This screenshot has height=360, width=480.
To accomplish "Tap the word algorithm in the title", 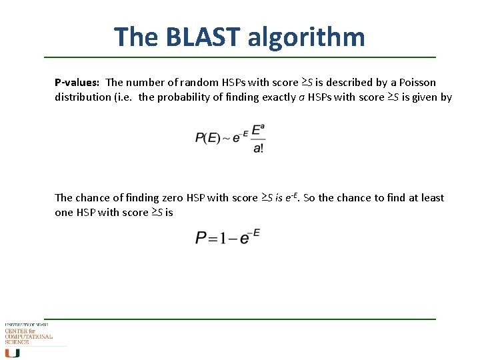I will pyautogui.click(x=307, y=37).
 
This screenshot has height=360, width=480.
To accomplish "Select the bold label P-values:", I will pyautogui.click(x=77, y=83).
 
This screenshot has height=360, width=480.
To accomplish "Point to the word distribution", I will pyautogui.click(x=81, y=97).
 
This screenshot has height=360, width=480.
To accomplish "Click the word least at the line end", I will pyautogui.click(x=431, y=198).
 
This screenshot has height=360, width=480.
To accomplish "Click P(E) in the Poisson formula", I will pyautogui.click(x=207, y=138).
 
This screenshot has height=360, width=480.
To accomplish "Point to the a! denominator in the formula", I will pyautogui.click(x=258, y=148).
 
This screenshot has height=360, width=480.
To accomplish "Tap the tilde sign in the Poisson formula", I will pyautogui.click(x=226, y=138).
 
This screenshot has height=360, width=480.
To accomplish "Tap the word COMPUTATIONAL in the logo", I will pyautogui.click(x=29, y=337).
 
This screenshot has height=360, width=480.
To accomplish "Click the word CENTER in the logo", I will pyautogui.click(x=16, y=331).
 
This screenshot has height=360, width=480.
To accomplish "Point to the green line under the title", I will pyautogui.click(x=240, y=57).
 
